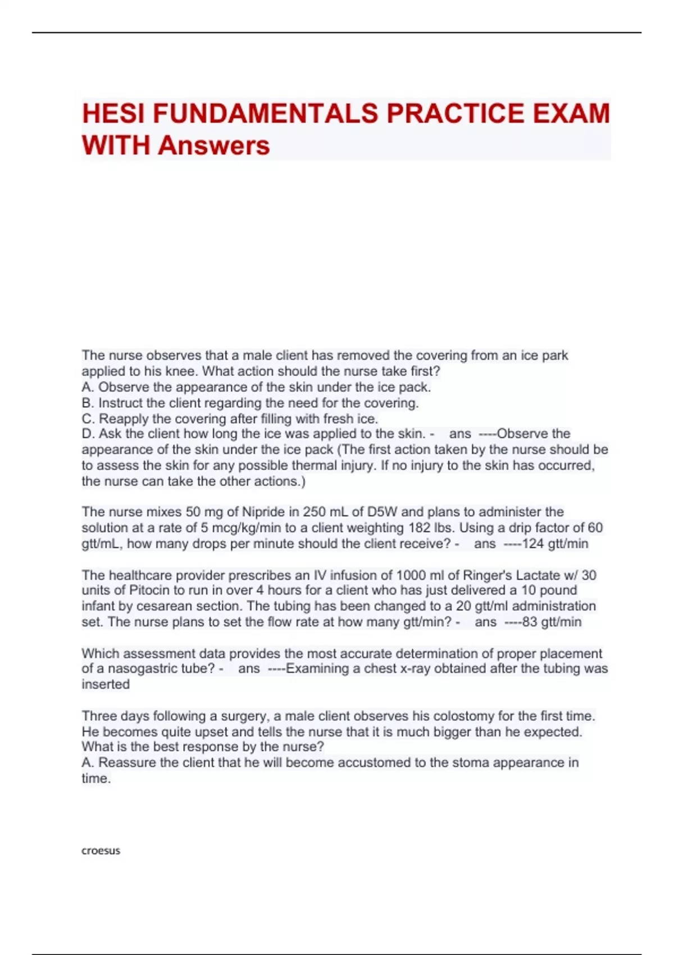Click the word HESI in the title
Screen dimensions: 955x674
tap(114, 113)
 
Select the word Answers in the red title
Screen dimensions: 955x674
tap(214, 145)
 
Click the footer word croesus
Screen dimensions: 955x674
tap(101, 851)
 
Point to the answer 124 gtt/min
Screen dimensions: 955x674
tap(555, 544)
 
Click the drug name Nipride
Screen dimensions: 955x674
tap(263, 512)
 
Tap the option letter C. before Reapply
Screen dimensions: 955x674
tap(88, 419)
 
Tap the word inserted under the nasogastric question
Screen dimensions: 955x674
tap(106, 684)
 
